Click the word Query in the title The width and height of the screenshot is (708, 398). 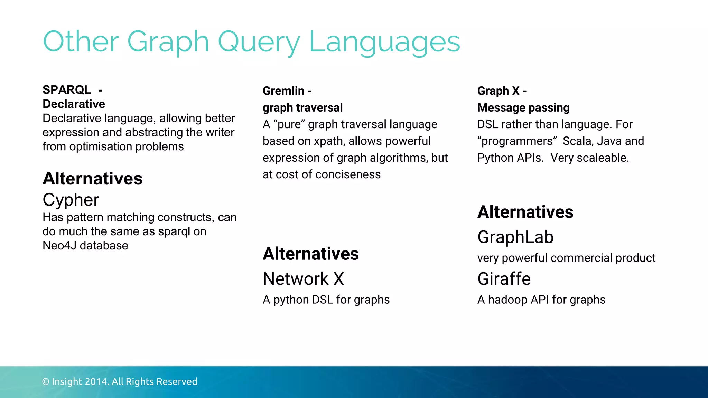click(259, 42)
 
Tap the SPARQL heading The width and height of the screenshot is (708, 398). click(67, 90)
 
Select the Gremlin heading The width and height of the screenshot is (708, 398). click(283, 91)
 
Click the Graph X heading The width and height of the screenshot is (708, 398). click(498, 91)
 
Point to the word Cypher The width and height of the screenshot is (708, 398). click(71, 200)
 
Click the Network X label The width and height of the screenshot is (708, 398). click(303, 279)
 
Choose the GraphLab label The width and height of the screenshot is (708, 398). click(515, 237)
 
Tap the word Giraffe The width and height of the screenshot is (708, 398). click(504, 279)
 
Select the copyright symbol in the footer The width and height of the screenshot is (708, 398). click(46, 382)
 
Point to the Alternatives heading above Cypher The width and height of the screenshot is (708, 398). click(93, 179)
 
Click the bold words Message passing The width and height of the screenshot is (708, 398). click(523, 108)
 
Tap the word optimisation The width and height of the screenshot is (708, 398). click(100, 147)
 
